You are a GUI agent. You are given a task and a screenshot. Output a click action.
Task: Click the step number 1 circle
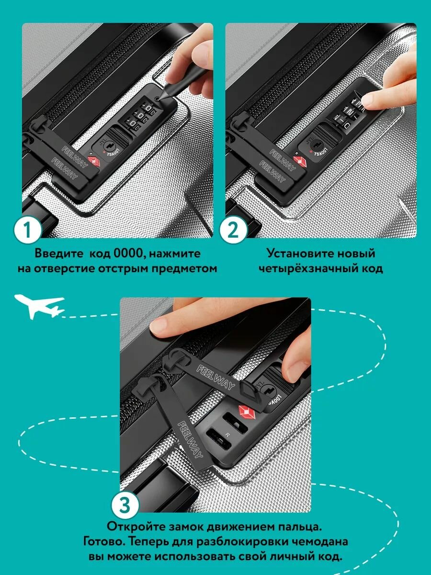pyautogui.click(x=27, y=231)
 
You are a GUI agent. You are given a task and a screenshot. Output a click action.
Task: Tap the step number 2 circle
pyautogui.click(x=233, y=231)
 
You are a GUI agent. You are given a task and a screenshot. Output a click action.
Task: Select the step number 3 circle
pyautogui.click(x=125, y=505)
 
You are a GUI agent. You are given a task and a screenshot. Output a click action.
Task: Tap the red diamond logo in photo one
pyautogui.click(x=94, y=161)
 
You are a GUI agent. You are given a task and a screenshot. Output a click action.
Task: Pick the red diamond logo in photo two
pyautogui.click(x=300, y=161)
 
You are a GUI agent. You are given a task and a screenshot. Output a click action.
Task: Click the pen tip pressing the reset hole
pyautogui.click(x=159, y=99)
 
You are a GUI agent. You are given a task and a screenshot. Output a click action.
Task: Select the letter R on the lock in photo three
pyautogui.click(x=227, y=435)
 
